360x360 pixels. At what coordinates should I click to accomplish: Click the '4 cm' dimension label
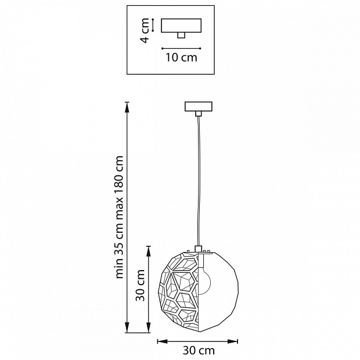pyautogui.click(x=145, y=31)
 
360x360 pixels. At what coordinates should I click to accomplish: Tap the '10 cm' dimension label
pyautogui.click(x=181, y=57)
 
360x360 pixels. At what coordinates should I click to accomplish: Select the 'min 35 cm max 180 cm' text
pyautogui.click(x=120, y=217)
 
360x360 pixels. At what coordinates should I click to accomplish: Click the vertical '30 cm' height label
pyautogui.click(x=140, y=285)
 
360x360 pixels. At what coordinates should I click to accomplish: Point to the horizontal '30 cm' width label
pyautogui.click(x=199, y=351)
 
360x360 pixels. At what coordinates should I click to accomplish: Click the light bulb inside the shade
pyautogui.click(x=204, y=280)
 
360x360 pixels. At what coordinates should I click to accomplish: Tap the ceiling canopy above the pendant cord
pyautogui.click(x=199, y=106)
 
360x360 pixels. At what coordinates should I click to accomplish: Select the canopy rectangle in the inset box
pyautogui.click(x=181, y=26)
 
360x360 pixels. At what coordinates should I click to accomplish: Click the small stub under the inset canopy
pyautogui.click(x=181, y=35)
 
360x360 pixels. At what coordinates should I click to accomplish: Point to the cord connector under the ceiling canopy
pyautogui.click(x=199, y=114)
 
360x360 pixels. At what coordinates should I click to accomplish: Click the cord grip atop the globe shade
pyautogui.click(x=199, y=249)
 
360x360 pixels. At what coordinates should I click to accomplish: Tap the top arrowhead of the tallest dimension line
pyautogui.click(x=127, y=107)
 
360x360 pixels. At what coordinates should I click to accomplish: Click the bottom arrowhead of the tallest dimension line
pyautogui.click(x=127, y=327)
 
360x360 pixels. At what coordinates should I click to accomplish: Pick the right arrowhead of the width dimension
pyautogui.click(x=232, y=341)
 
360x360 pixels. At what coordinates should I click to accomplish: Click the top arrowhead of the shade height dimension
pyautogui.click(x=149, y=251)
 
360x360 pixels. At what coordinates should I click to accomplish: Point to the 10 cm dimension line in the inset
pyautogui.click(x=181, y=48)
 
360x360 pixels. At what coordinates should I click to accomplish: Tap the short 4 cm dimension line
pyautogui.click(x=153, y=25)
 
